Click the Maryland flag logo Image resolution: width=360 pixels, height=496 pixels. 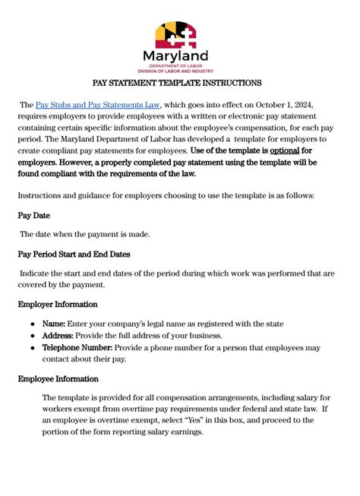coord(176,34)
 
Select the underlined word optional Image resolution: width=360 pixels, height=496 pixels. coord(279,150)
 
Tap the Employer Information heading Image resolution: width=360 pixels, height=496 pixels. coord(57,304)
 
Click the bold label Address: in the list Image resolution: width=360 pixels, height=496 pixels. coord(59,335)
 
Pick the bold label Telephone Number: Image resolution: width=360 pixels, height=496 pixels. coord(77,347)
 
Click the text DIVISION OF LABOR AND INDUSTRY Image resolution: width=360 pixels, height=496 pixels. coord(175,71)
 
